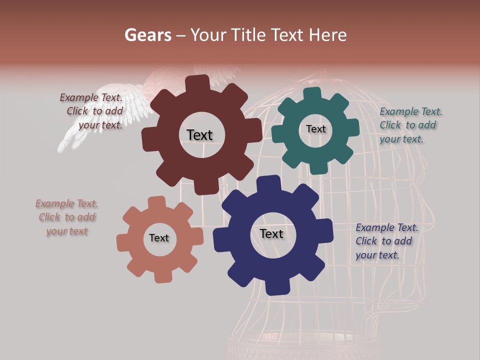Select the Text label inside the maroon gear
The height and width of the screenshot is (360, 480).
pyautogui.click(x=199, y=135)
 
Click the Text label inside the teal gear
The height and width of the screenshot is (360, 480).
pyautogui.click(x=315, y=129)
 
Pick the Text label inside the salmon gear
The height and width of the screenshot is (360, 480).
pyautogui.click(x=159, y=238)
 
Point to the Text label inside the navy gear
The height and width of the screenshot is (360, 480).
pyautogui.click(x=271, y=234)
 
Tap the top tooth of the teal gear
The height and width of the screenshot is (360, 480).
pyautogui.click(x=312, y=94)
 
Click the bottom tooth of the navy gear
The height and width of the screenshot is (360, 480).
pyautogui.click(x=276, y=286)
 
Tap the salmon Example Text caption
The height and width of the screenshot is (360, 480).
pyautogui.click(x=66, y=217)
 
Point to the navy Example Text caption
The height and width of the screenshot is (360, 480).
pyautogui.click(x=386, y=241)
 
